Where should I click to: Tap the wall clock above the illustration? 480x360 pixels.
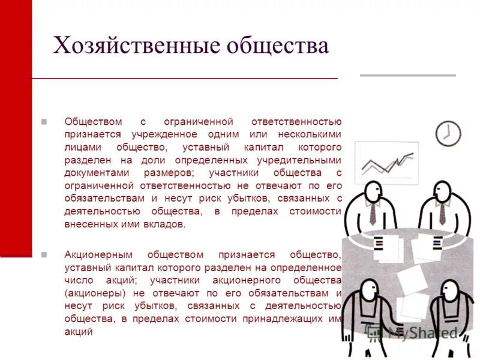click(x=447, y=133)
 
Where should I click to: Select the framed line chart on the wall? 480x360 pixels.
click(x=386, y=163)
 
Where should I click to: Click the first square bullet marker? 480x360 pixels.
click(x=44, y=121)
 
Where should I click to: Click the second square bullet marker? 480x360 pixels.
click(x=44, y=254)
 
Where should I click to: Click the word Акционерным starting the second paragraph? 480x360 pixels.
click(x=98, y=254)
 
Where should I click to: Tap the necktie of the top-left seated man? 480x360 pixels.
click(x=373, y=214)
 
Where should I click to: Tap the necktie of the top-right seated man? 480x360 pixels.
click(x=442, y=214)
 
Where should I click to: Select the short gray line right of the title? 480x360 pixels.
click(x=407, y=76)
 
